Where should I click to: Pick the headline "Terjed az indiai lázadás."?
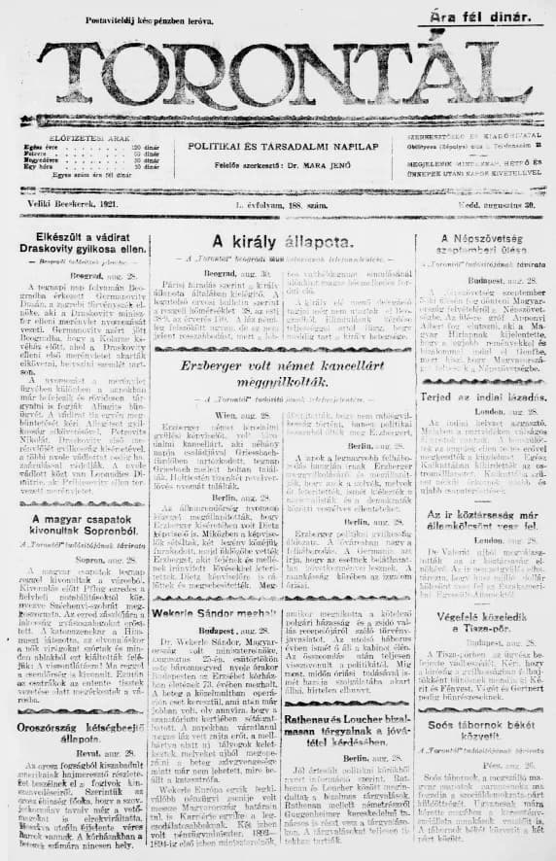click(x=483, y=397)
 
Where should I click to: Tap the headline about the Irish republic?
click(x=483, y=518)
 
